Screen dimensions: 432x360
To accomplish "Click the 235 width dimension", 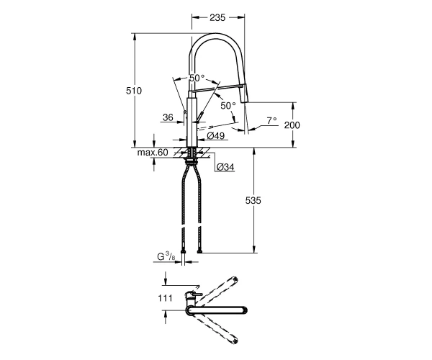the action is (217, 17).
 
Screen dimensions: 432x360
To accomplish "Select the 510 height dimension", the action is (134, 91).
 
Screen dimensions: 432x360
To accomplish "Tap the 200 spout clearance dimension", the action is (292, 125).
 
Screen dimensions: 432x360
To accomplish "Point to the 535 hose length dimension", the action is (253, 201).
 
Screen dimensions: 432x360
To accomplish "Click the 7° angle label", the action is (271, 120).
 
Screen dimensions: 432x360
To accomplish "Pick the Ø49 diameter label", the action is (216, 135).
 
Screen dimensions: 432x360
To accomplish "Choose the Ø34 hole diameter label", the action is (225, 167).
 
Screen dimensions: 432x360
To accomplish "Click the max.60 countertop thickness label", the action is (153, 153).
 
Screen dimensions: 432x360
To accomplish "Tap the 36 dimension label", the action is (168, 117).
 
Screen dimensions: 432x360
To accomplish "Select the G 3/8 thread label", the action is (166, 257).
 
